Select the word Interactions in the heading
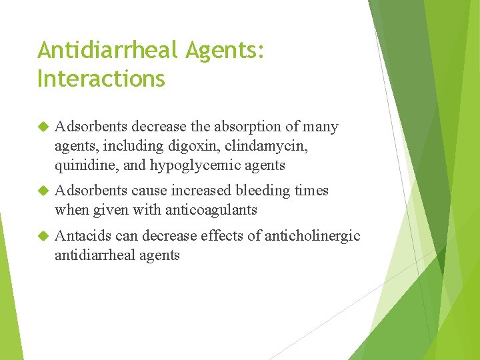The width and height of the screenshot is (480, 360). (101, 79)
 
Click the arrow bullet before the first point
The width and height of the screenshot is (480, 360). (43, 127)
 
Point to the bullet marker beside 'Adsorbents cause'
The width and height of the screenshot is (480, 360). (43, 191)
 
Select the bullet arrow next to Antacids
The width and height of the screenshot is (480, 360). (43, 236)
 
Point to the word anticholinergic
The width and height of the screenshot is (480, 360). (313, 236)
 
